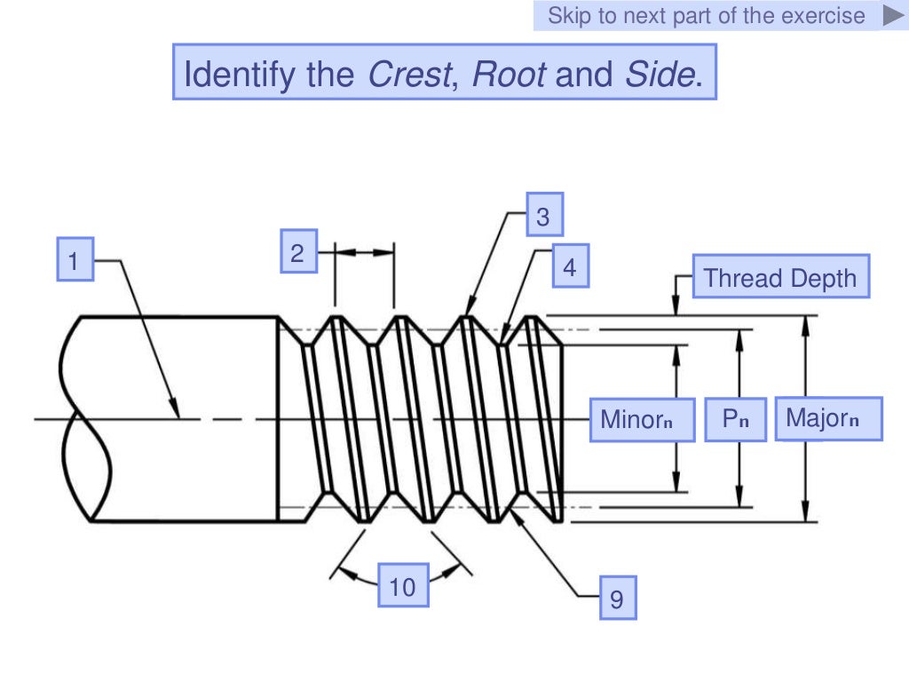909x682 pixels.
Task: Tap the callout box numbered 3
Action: [544, 216]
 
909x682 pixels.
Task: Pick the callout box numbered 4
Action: [569, 266]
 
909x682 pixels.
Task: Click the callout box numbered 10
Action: [402, 585]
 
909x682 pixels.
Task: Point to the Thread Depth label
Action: [780, 278]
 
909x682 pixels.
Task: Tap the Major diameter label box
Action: [828, 418]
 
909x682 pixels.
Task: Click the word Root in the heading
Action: [509, 74]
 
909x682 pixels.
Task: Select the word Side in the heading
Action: [659, 74]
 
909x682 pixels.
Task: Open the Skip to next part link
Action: [706, 15]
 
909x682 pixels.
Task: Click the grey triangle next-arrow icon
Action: [892, 15]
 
